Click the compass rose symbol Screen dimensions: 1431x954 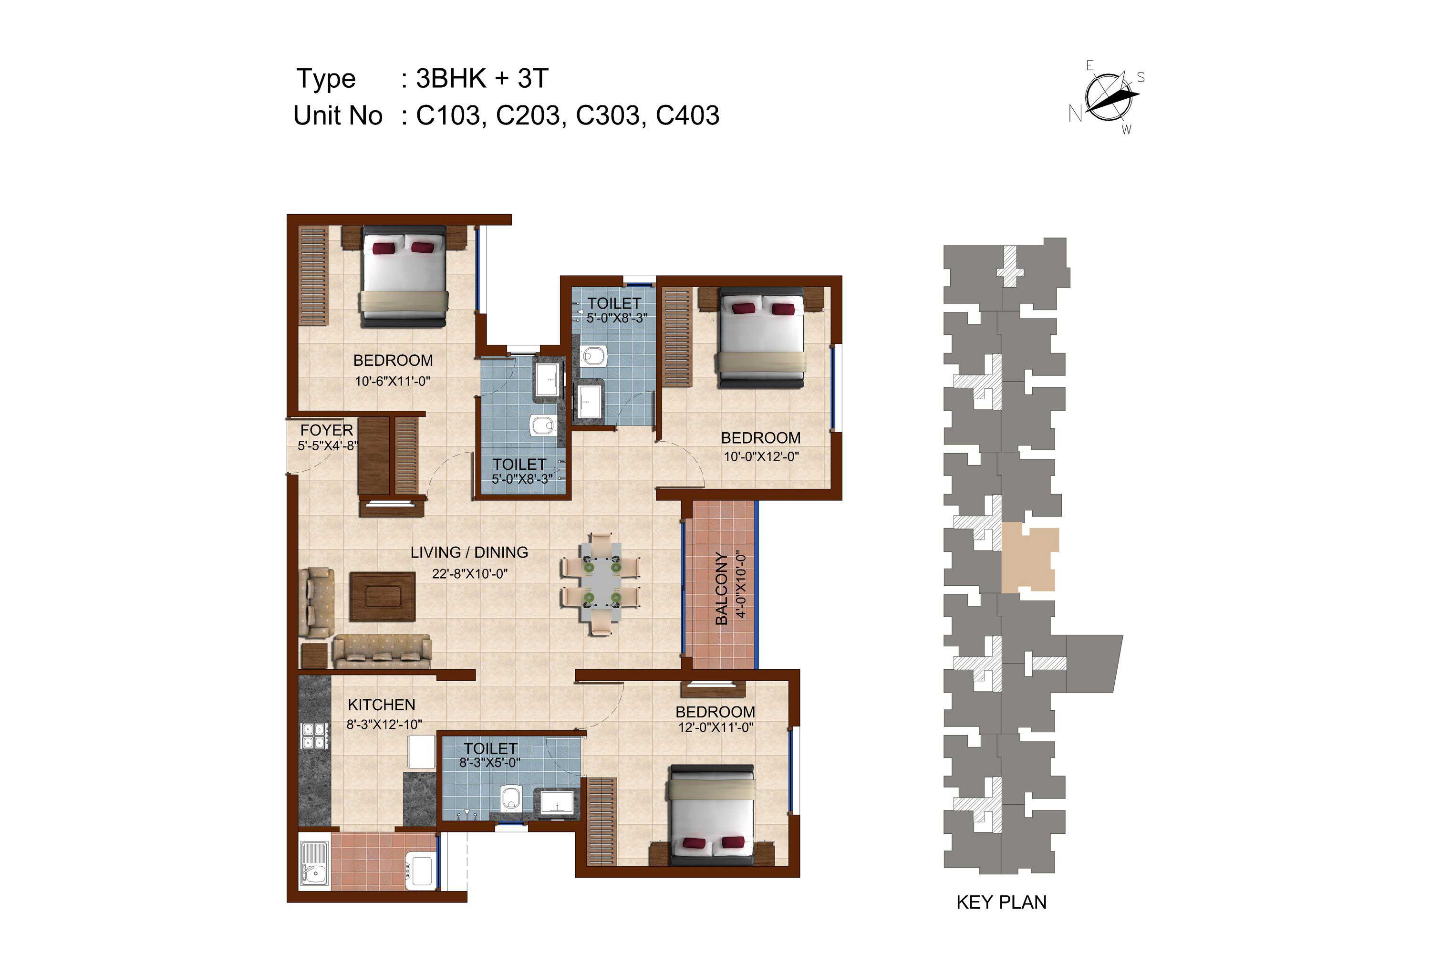click(x=1108, y=97)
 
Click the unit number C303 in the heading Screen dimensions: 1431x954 click(x=607, y=115)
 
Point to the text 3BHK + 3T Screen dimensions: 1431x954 click(x=482, y=79)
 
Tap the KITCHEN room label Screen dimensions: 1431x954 click(x=382, y=705)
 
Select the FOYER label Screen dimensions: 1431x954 click(x=326, y=430)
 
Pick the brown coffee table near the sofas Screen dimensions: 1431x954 click(x=383, y=596)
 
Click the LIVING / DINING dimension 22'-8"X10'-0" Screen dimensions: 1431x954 click(x=470, y=573)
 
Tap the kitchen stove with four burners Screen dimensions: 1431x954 click(x=314, y=736)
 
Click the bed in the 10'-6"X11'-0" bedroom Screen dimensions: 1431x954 click(x=404, y=276)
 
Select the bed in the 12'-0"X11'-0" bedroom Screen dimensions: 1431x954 click(x=711, y=815)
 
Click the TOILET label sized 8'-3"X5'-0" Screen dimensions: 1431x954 click(x=490, y=748)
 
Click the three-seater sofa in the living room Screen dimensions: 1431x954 click(x=383, y=652)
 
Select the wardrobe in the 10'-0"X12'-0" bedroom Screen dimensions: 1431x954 click(x=677, y=337)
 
